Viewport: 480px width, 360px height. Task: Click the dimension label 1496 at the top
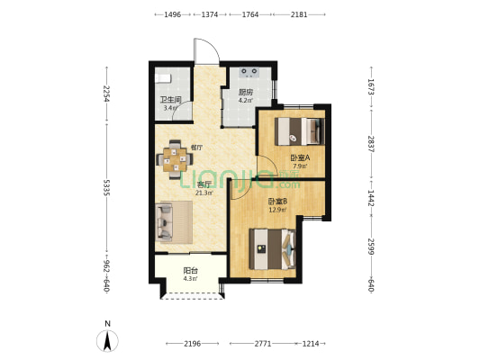pos(173,14)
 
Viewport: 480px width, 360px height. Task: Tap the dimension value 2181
pos(299,14)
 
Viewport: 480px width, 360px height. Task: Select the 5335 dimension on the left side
pos(106,187)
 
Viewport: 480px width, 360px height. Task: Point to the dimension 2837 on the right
pos(371,144)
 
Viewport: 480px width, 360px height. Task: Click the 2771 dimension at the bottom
pos(263,344)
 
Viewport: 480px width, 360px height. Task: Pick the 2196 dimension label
pos(192,344)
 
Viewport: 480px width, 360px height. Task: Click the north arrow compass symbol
pos(107,340)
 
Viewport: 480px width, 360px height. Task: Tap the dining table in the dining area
pos(175,159)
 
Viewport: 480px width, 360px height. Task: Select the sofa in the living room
pos(164,221)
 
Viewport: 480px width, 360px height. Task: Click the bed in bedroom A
pos(299,131)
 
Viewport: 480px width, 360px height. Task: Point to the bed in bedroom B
pos(272,249)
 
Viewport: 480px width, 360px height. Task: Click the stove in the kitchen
pos(249,72)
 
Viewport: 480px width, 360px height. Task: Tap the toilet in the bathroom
pos(162,78)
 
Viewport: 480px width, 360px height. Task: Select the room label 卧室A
pos(300,157)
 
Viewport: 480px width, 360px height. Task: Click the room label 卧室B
pos(277,202)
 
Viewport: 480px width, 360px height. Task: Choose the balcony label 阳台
pos(190,271)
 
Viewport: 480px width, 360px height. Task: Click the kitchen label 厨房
pos(246,92)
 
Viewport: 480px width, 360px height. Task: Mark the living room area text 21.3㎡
pos(204,193)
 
